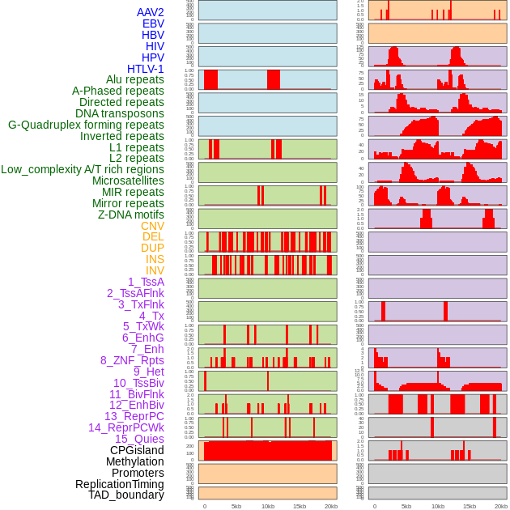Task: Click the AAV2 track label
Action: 150,12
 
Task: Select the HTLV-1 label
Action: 145,69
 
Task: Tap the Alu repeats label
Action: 134,79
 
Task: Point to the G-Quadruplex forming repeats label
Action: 86,125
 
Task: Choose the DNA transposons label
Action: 120,113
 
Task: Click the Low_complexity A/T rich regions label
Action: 83,169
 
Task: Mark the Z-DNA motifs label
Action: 130,215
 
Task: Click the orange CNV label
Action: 152,226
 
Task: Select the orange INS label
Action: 155,259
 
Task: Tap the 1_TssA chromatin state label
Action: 146,282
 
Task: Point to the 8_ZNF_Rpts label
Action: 132,360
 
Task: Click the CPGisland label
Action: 137,450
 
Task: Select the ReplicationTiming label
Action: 120,484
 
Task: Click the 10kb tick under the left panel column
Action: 267,506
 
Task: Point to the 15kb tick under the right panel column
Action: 469,506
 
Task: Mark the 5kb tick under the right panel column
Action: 406,506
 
